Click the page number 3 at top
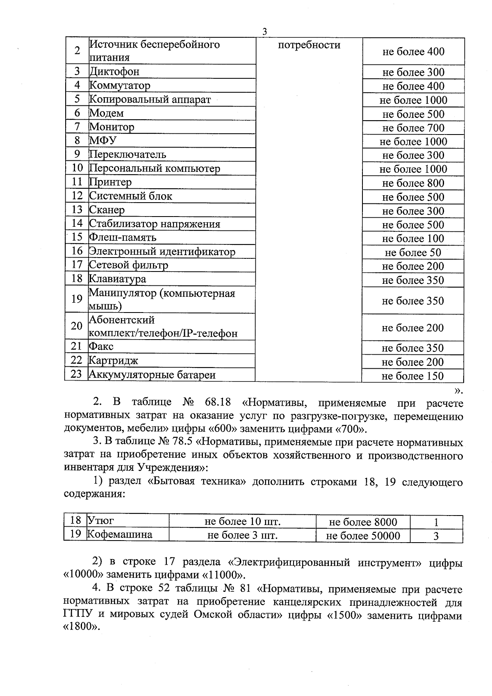pyautogui.click(x=264, y=32)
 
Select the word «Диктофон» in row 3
pyautogui.click(x=114, y=72)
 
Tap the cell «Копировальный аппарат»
pyautogui.click(x=150, y=99)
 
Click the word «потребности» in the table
pyautogui.click(x=309, y=45)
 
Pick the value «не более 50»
pyautogui.click(x=413, y=253)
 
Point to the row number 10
pyautogui.click(x=77, y=168)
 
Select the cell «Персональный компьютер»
pyautogui.click(x=155, y=169)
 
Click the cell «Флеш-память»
pyautogui.click(x=123, y=237)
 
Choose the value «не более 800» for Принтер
pyautogui.click(x=413, y=183)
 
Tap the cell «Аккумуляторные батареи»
pyautogui.click(x=153, y=375)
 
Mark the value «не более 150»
pyautogui.click(x=412, y=376)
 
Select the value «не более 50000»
pyautogui.click(x=363, y=536)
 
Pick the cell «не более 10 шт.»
pyautogui.click(x=242, y=522)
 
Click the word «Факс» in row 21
pyautogui.click(x=101, y=347)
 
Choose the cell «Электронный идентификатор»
pyautogui.click(x=162, y=251)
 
